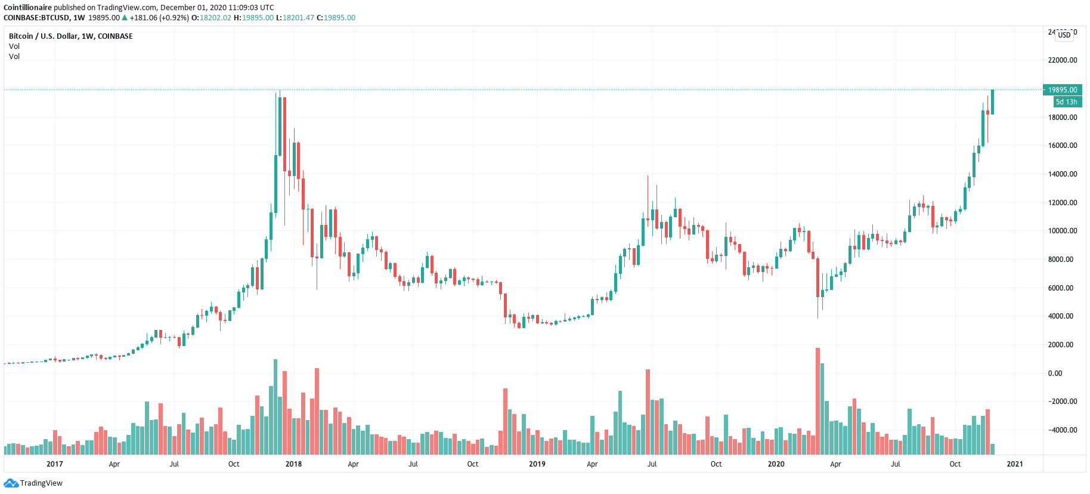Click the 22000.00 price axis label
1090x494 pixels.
(x=1063, y=60)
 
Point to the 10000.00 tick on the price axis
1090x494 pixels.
(x=1063, y=231)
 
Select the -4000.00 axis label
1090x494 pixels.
(x=1063, y=430)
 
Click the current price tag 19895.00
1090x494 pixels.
(x=1063, y=90)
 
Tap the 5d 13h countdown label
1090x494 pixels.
(x=1066, y=102)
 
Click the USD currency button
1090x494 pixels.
(x=1064, y=35)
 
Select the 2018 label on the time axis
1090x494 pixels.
(x=293, y=464)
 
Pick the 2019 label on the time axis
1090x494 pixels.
(x=537, y=464)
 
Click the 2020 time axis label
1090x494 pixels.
(x=776, y=464)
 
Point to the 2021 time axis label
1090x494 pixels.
(x=1014, y=464)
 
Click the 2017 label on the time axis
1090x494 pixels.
(x=54, y=464)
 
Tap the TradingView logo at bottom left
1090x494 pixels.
(x=33, y=483)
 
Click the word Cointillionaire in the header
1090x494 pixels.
(x=27, y=8)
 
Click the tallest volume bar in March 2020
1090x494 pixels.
(x=817, y=400)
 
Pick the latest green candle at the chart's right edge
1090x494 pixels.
(x=992, y=102)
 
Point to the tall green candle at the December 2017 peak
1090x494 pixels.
(x=280, y=125)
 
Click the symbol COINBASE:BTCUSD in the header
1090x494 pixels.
(x=37, y=18)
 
